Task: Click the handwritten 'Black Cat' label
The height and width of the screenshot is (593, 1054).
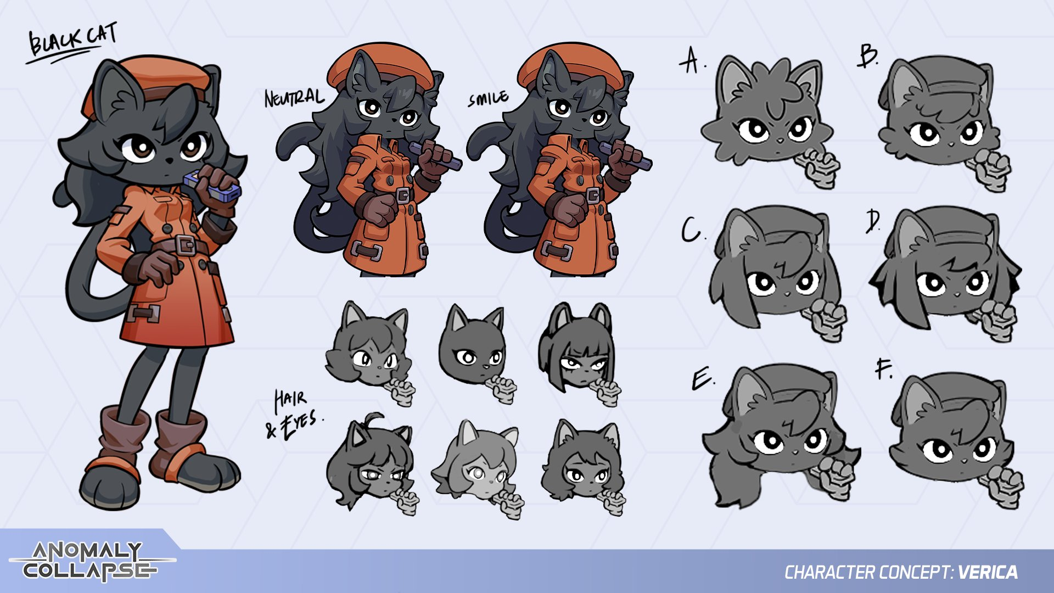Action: pos(71,42)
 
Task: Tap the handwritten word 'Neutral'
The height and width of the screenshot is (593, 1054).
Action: pos(294,98)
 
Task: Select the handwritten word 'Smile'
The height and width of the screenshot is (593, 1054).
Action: pos(488,99)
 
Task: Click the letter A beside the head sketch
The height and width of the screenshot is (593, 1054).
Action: pos(691,60)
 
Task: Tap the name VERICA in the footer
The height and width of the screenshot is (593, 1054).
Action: pos(988,573)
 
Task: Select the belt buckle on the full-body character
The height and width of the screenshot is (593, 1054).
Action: pos(186,245)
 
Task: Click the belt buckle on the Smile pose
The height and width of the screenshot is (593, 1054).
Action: pos(594,195)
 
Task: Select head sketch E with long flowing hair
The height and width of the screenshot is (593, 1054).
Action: pos(779,434)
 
